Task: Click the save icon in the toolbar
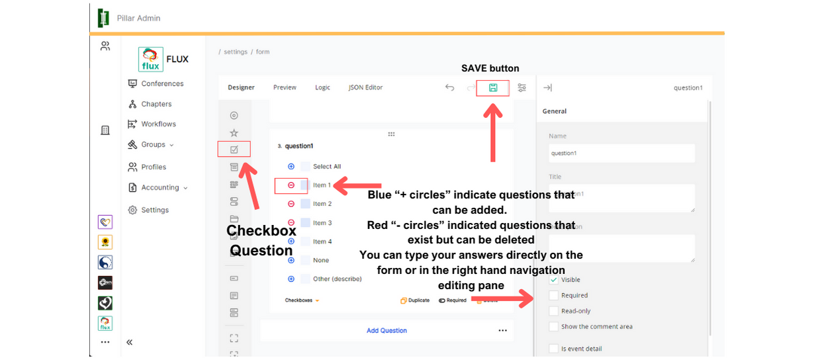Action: [493, 87]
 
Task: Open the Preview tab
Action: [285, 87]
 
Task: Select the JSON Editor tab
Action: [365, 87]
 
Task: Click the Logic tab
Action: [322, 87]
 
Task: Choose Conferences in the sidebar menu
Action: [162, 83]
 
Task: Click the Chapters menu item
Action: [156, 104]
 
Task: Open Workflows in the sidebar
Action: [158, 124]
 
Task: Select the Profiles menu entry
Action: [154, 167]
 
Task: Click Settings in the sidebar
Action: [155, 210]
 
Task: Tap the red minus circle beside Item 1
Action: [291, 185]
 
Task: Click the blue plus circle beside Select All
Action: [291, 167]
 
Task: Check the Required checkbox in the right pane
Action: [554, 295]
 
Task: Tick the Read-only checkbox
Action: [554, 311]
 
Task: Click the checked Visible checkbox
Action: [554, 280]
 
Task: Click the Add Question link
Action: [386, 330]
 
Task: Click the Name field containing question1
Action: [621, 153]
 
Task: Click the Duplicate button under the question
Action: [415, 300]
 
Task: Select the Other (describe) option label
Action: [337, 279]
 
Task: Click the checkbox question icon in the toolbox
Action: [234, 150]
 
